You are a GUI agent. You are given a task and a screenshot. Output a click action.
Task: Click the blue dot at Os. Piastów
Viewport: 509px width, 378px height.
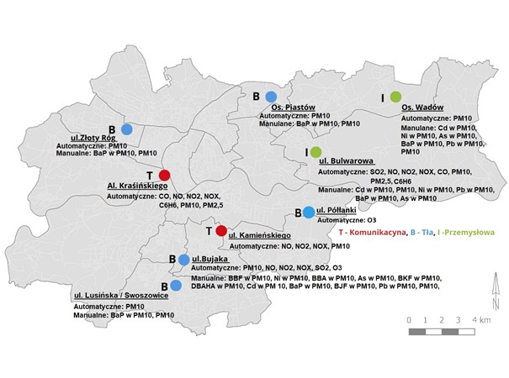(271, 97)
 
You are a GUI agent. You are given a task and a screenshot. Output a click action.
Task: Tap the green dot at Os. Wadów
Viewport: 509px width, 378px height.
(395, 97)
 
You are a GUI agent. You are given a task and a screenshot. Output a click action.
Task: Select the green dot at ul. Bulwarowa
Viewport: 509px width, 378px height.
(316, 152)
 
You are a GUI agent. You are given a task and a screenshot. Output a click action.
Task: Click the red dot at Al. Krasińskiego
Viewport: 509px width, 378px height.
(165, 175)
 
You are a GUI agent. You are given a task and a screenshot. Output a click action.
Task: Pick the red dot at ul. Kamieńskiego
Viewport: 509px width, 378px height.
(220, 231)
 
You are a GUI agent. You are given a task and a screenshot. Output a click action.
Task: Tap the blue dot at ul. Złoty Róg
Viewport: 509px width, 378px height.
(127, 129)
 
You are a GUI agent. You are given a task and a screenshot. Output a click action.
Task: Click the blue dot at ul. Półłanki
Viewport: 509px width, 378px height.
(308, 212)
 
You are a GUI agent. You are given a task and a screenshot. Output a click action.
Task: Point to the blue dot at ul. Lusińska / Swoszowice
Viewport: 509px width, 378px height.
(176, 286)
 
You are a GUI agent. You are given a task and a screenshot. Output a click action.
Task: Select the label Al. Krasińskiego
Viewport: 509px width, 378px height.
(135, 184)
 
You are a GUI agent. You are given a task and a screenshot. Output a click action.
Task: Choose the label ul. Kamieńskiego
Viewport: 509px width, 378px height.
(259, 236)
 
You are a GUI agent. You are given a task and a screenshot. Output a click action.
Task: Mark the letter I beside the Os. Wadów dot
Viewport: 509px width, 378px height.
(383, 97)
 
